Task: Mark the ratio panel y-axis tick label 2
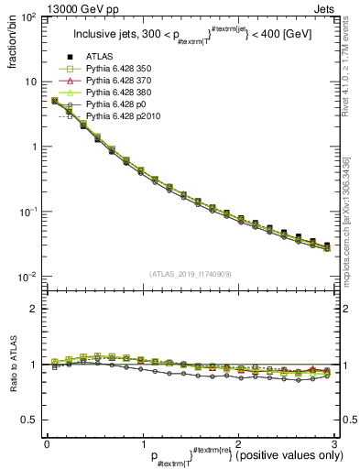click(33, 309)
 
